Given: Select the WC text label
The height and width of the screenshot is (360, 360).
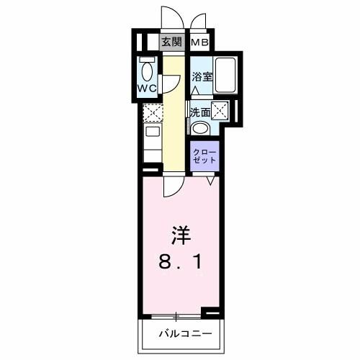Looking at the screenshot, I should (148, 90).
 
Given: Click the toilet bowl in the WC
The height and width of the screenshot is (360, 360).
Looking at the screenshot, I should (148, 71).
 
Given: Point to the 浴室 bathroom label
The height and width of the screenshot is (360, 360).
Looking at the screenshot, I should (201, 76).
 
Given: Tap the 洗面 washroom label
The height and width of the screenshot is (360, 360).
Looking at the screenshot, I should (199, 112).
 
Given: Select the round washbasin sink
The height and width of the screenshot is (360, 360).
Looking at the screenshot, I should (201, 128).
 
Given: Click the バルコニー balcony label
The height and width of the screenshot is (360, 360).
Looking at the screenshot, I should (185, 333).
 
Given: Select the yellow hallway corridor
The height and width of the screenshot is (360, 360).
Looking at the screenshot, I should (173, 122).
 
